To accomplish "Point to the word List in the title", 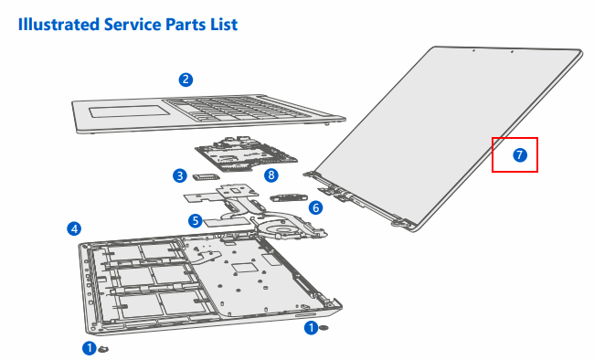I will pos(222,25).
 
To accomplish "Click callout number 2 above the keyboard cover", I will pos(186,79).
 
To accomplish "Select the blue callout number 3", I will pos(180,175).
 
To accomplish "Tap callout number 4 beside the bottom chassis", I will pos(74,228).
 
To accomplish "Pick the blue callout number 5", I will pos(195,220).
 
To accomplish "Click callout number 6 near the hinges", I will pos(316,207).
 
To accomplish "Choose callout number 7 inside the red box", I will pos(519,155).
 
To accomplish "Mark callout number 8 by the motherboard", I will pos(270,175).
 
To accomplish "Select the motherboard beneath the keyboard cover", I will pos(239,156).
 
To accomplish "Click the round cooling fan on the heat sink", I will pos(292,226).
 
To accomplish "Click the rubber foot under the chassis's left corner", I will pos(104,348).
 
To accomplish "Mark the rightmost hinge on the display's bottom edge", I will pos(398,220).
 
